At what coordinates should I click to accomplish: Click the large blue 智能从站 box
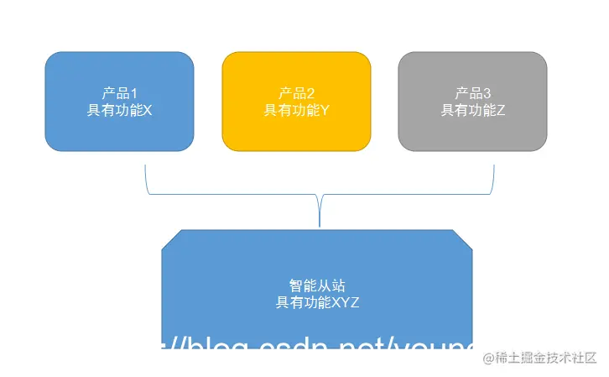pyautogui.click(x=317, y=260)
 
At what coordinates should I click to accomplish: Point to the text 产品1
pyautogui.click(x=119, y=93)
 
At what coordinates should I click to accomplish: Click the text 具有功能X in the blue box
pyautogui.click(x=119, y=110)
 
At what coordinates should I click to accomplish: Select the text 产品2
pyautogui.click(x=296, y=93)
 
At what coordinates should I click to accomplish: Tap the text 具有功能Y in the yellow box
pyautogui.click(x=296, y=110)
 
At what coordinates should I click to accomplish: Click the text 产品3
pyautogui.click(x=473, y=93)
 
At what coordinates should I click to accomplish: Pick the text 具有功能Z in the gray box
pyautogui.click(x=473, y=110)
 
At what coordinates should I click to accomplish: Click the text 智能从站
pyautogui.click(x=317, y=285)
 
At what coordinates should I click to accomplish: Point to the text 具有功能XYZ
pyautogui.click(x=317, y=302)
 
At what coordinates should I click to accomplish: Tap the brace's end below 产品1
pyautogui.click(x=146, y=167)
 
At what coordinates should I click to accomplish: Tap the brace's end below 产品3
pyautogui.click(x=493, y=167)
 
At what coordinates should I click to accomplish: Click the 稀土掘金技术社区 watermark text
pyautogui.click(x=545, y=358)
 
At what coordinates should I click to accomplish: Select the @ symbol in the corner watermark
pyautogui.click(x=487, y=358)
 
